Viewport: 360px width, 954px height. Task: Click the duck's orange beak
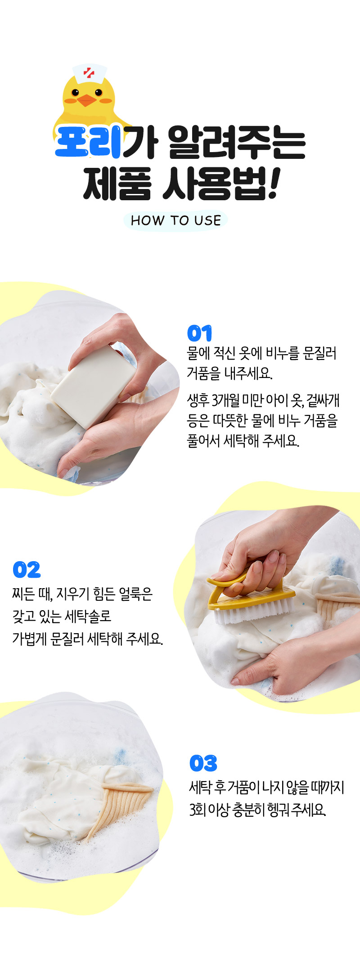click(87, 100)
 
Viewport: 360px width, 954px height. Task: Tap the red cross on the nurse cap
click(89, 72)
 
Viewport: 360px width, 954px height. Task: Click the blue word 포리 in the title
click(88, 142)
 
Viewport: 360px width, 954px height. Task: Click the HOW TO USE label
click(176, 220)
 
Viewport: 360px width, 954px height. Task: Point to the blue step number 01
click(199, 333)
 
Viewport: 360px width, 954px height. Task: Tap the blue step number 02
click(27, 570)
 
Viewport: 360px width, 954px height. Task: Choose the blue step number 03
click(203, 763)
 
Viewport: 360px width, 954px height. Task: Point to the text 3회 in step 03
click(197, 810)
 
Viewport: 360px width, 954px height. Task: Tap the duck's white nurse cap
click(90, 73)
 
